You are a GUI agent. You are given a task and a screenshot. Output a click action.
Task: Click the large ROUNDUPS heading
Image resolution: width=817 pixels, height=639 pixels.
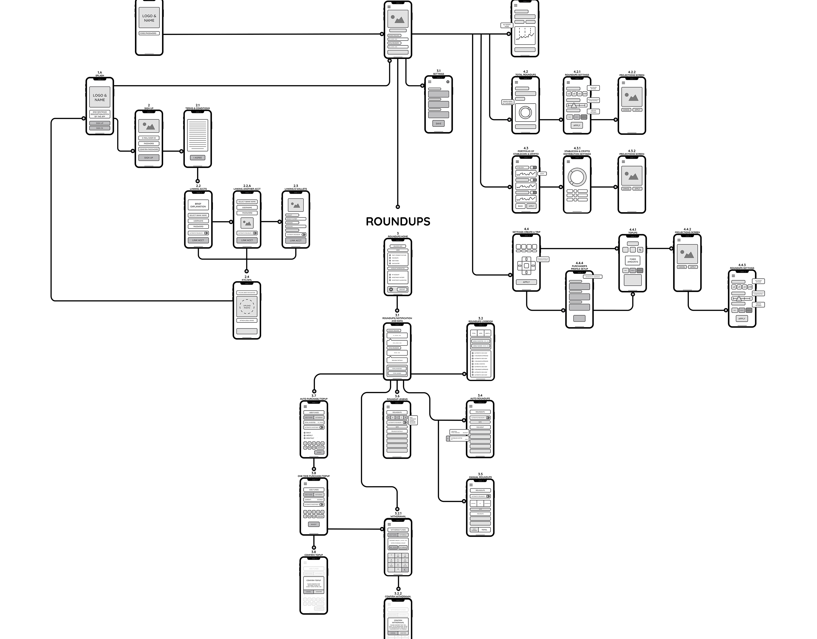tap(398, 222)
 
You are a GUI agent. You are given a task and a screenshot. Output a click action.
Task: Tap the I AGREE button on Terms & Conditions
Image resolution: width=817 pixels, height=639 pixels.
tap(197, 158)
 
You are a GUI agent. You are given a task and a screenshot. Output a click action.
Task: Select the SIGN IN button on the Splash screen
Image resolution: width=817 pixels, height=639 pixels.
tap(99, 128)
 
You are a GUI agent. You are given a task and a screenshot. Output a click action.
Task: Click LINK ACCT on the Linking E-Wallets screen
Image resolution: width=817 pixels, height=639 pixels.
tap(296, 240)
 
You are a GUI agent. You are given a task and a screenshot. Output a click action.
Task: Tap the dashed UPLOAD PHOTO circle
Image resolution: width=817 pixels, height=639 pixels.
tap(247, 307)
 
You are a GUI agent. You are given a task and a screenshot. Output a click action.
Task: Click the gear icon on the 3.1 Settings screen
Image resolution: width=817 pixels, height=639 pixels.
tap(448, 81)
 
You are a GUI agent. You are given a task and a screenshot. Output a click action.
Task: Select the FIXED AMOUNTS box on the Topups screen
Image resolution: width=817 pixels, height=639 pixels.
tap(633, 260)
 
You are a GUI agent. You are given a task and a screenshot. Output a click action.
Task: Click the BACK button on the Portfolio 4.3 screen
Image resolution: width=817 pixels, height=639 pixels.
tap(520, 206)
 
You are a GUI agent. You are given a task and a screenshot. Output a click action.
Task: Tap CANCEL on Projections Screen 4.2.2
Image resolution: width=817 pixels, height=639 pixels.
tap(626, 110)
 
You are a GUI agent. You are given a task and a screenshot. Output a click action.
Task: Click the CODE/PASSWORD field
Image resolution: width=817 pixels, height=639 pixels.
tap(149, 33)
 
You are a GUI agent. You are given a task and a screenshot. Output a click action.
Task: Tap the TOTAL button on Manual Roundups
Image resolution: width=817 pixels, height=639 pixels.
tap(484, 530)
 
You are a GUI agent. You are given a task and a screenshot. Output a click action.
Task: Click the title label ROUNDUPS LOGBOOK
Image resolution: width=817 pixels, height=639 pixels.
tap(481, 321)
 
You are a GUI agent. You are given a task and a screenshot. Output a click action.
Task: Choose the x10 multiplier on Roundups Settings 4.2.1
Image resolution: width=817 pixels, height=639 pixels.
tap(585, 94)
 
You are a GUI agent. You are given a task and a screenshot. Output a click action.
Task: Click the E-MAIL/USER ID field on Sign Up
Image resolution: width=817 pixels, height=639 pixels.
tap(149, 138)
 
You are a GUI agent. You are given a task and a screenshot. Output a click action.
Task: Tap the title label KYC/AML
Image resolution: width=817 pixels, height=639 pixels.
tap(247, 280)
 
